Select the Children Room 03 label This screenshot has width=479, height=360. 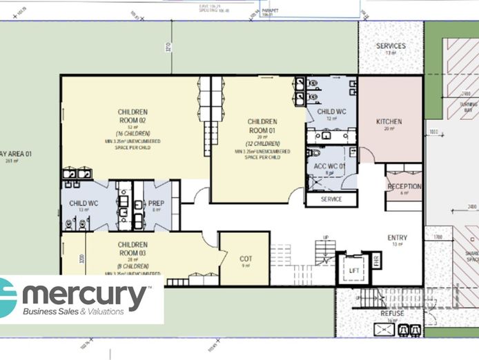click(x=132, y=249)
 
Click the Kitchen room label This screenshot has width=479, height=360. click(x=389, y=121)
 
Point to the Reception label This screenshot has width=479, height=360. click(x=404, y=187)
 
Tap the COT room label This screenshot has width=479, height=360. click(x=244, y=258)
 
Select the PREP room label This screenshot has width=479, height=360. click(x=156, y=203)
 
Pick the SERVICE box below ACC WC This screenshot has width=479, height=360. click(x=332, y=199)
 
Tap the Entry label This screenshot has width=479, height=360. click(x=397, y=238)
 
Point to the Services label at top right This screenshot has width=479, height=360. click(x=391, y=46)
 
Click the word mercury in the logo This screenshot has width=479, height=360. click(x=85, y=296)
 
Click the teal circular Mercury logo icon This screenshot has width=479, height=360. click(x=7, y=298)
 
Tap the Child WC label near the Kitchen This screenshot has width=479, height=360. click(x=331, y=112)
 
